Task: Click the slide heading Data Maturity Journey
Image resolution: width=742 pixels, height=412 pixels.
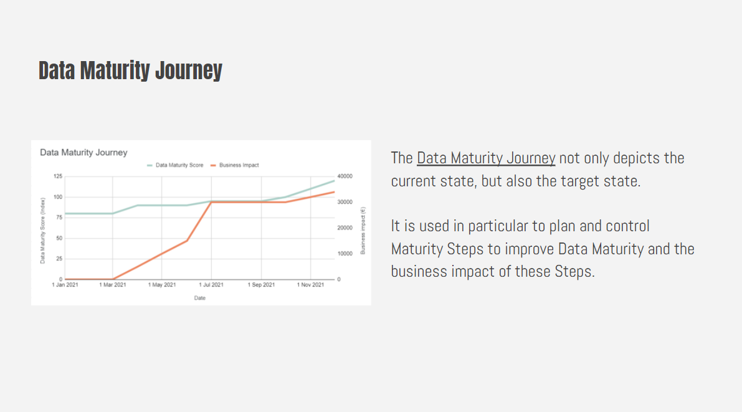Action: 130,70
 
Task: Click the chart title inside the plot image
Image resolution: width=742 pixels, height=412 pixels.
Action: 83,152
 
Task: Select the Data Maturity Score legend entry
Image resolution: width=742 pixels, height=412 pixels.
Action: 179,165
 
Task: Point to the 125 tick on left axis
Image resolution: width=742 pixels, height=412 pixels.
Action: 59,176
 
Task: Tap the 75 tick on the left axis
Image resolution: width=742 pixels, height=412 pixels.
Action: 59,218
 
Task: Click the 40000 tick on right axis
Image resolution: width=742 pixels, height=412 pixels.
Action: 345,176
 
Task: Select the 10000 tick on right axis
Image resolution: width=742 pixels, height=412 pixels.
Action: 345,254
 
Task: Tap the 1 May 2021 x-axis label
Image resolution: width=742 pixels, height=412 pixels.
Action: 162,285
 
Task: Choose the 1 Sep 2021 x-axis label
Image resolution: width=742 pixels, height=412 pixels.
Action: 261,285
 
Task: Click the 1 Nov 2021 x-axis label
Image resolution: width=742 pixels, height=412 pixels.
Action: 310,285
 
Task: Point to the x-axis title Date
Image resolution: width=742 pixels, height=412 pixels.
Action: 199,298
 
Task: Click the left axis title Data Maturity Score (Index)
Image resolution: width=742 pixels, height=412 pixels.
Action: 43,228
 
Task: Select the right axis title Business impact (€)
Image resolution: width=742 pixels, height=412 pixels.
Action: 363,230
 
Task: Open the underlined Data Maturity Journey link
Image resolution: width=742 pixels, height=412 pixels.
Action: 486,158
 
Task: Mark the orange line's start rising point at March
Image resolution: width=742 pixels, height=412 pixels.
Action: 113,279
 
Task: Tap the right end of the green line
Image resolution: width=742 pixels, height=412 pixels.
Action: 334,181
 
